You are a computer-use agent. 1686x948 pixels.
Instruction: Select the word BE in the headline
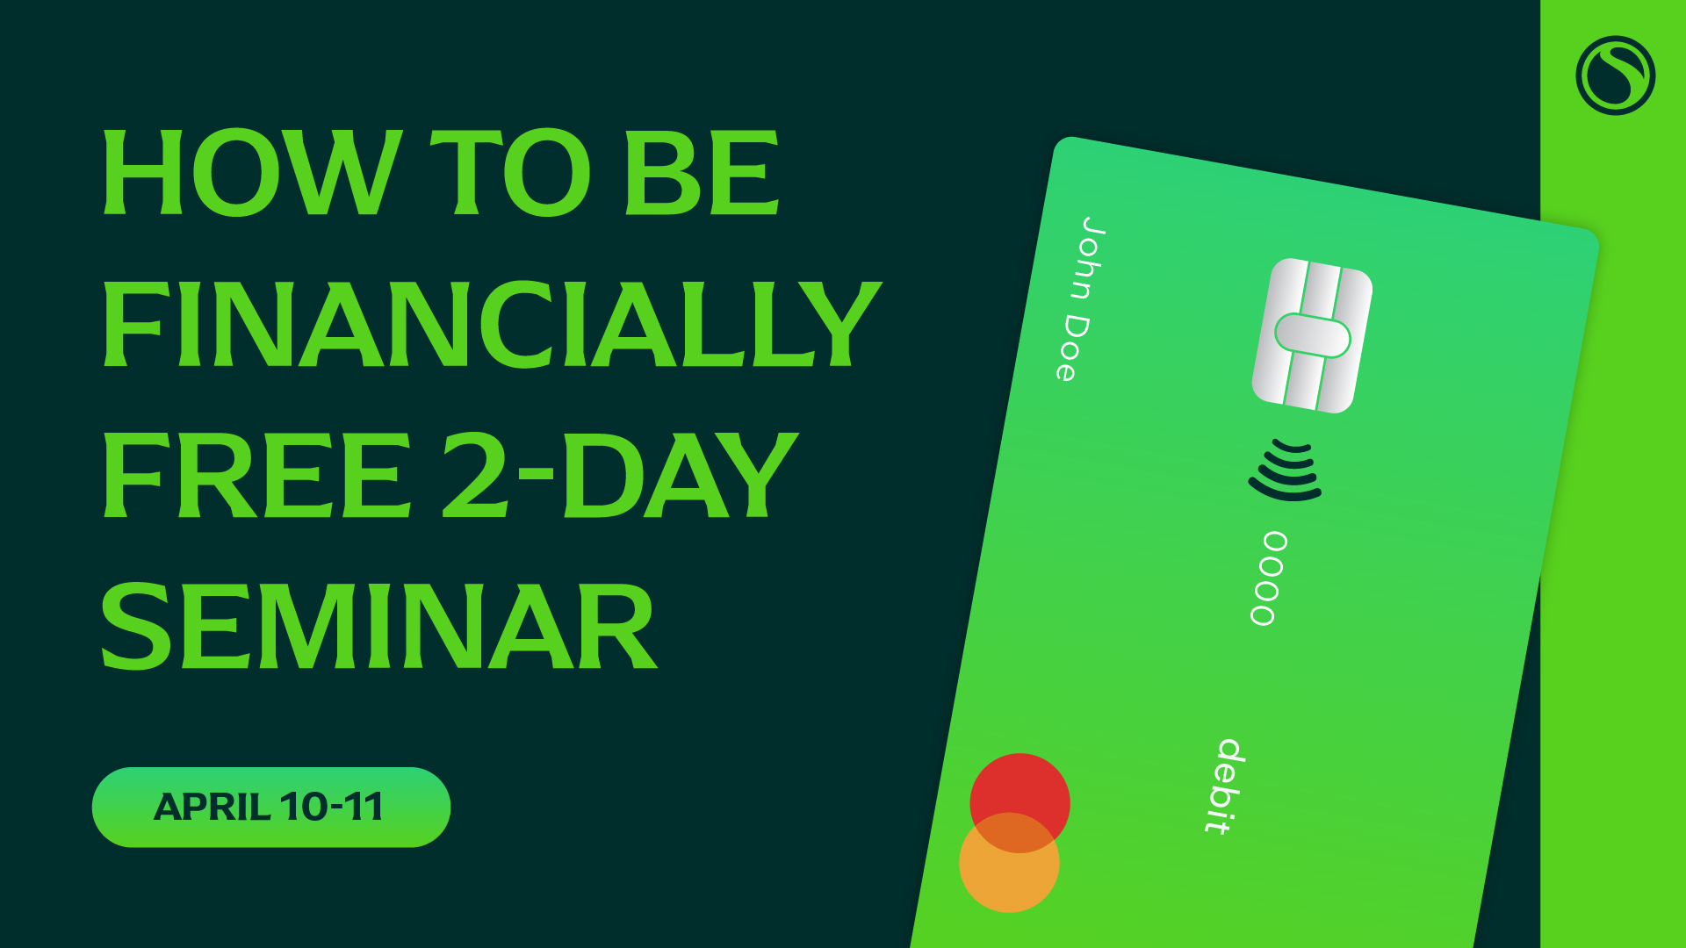[701, 172]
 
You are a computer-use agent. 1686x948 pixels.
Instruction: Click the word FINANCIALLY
[492, 324]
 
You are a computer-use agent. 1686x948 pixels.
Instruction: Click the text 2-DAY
[620, 475]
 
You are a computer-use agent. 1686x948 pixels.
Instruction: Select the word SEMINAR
[378, 626]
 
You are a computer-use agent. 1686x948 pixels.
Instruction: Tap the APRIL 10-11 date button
[270, 807]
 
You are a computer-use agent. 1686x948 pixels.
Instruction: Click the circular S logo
[1615, 75]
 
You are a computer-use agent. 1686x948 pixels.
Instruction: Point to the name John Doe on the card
[1079, 298]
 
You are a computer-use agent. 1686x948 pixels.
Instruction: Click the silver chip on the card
[1312, 335]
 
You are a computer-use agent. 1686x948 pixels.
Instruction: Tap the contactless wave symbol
[1286, 471]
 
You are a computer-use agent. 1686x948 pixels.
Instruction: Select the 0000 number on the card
[1268, 578]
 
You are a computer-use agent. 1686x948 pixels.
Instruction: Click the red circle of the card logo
[1020, 790]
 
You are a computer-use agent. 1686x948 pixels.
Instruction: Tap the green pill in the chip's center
[1312, 336]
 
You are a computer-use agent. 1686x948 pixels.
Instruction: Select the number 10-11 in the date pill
[331, 807]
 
